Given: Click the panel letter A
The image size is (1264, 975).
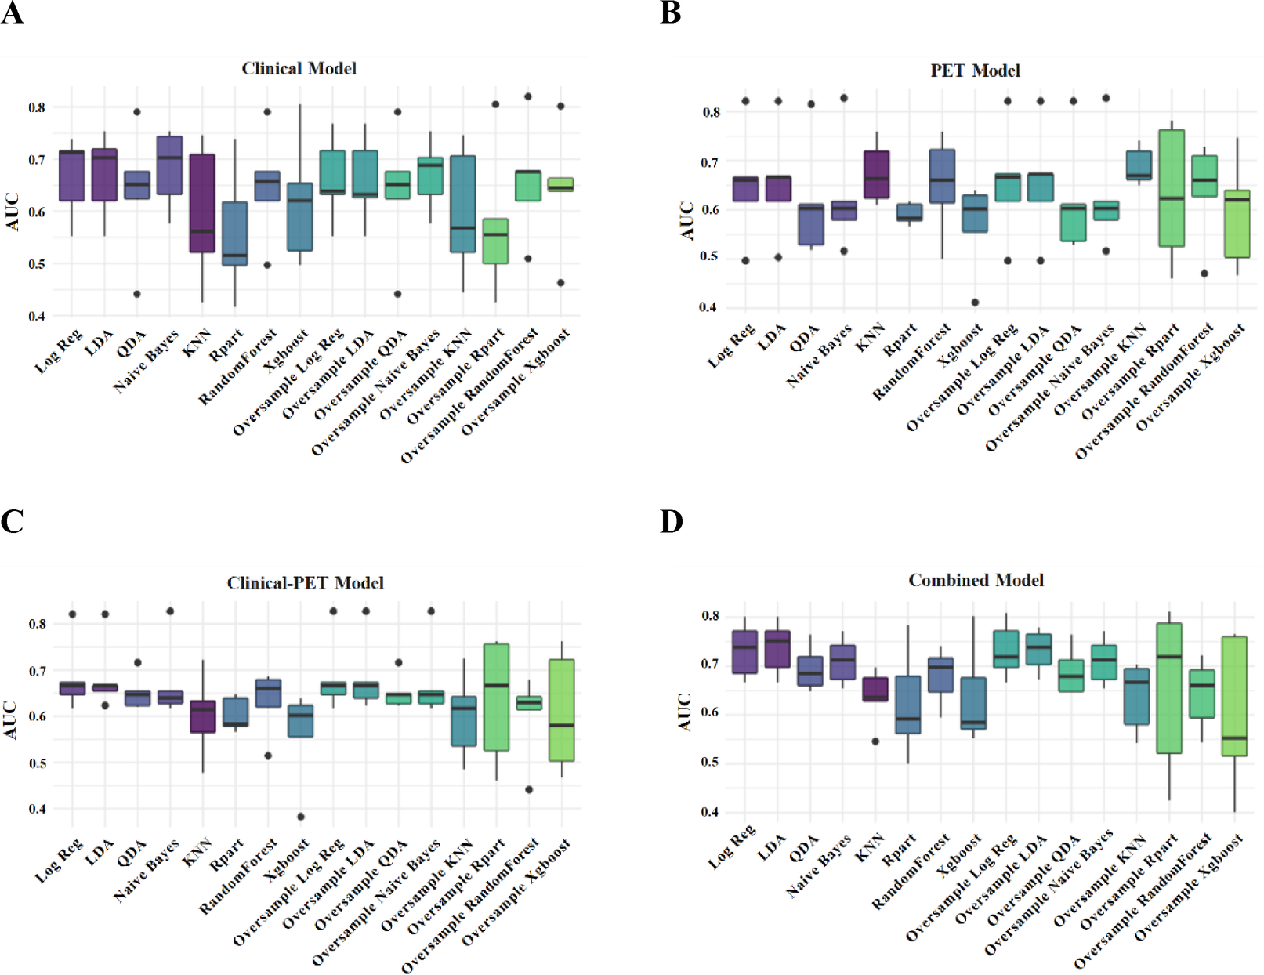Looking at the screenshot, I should pos(12,13).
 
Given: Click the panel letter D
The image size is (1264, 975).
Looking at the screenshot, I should pos(672,522).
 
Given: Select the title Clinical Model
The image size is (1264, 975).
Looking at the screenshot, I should pos(299,69).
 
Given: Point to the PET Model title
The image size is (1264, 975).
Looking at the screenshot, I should pos(975,71).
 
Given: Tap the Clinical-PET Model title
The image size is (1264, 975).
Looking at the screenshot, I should pos(305,583).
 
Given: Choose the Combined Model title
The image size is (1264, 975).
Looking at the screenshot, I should pos(976,581).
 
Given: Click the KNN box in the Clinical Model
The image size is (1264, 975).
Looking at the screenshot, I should pos(202,203).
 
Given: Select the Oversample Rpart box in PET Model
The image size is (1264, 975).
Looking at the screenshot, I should pos(1171,188).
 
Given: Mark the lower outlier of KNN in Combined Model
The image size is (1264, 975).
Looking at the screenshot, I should pos(875,741).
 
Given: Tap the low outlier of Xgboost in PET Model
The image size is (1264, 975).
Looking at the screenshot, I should pos(975,303).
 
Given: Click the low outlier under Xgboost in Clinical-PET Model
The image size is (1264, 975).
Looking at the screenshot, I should pos(301,817).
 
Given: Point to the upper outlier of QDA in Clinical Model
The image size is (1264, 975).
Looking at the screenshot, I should pos(136,112).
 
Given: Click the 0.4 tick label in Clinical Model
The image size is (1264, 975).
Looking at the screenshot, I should pos(36,317).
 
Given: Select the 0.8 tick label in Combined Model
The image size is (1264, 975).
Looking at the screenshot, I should pos(710,616).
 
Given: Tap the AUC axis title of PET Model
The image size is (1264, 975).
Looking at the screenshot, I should pos(686,221).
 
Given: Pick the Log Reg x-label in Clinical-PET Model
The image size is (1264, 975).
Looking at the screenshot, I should pos(60,861).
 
